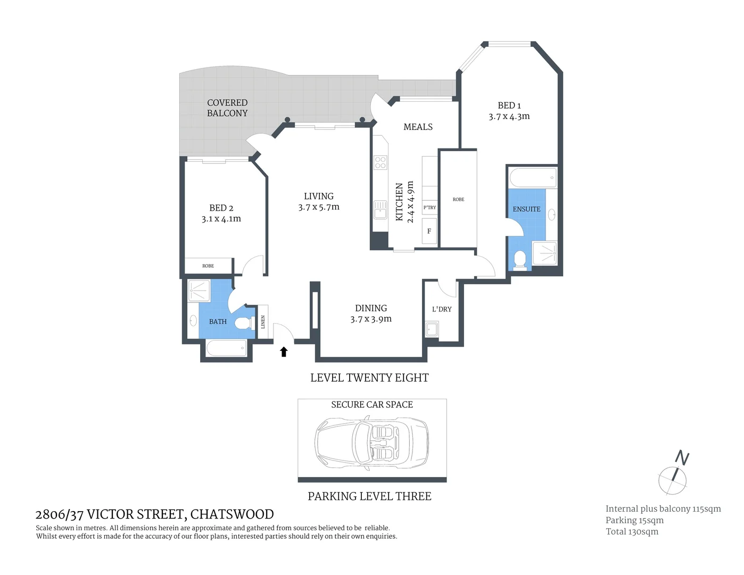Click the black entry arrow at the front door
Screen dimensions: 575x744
(x=284, y=351)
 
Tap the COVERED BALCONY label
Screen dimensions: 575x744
(x=227, y=108)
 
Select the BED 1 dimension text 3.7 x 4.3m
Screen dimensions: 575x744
(x=509, y=117)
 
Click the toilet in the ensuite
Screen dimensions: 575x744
(x=520, y=260)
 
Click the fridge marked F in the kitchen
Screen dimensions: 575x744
(x=429, y=231)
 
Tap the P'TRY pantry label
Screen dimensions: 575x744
(x=429, y=207)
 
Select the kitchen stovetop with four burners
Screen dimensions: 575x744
(x=380, y=162)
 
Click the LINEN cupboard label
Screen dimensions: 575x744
(x=263, y=322)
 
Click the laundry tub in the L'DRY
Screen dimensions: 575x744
(x=432, y=329)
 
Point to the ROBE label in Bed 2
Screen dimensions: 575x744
(x=208, y=266)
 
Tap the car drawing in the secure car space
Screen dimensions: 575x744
(x=371, y=440)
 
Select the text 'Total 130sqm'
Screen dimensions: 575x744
(x=632, y=531)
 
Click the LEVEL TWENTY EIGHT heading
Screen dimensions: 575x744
(x=369, y=378)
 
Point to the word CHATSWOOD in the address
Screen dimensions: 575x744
(x=232, y=514)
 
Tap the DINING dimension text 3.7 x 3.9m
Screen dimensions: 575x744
(x=371, y=319)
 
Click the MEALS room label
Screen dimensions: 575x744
(x=418, y=127)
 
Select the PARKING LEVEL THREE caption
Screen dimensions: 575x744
(x=369, y=496)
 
